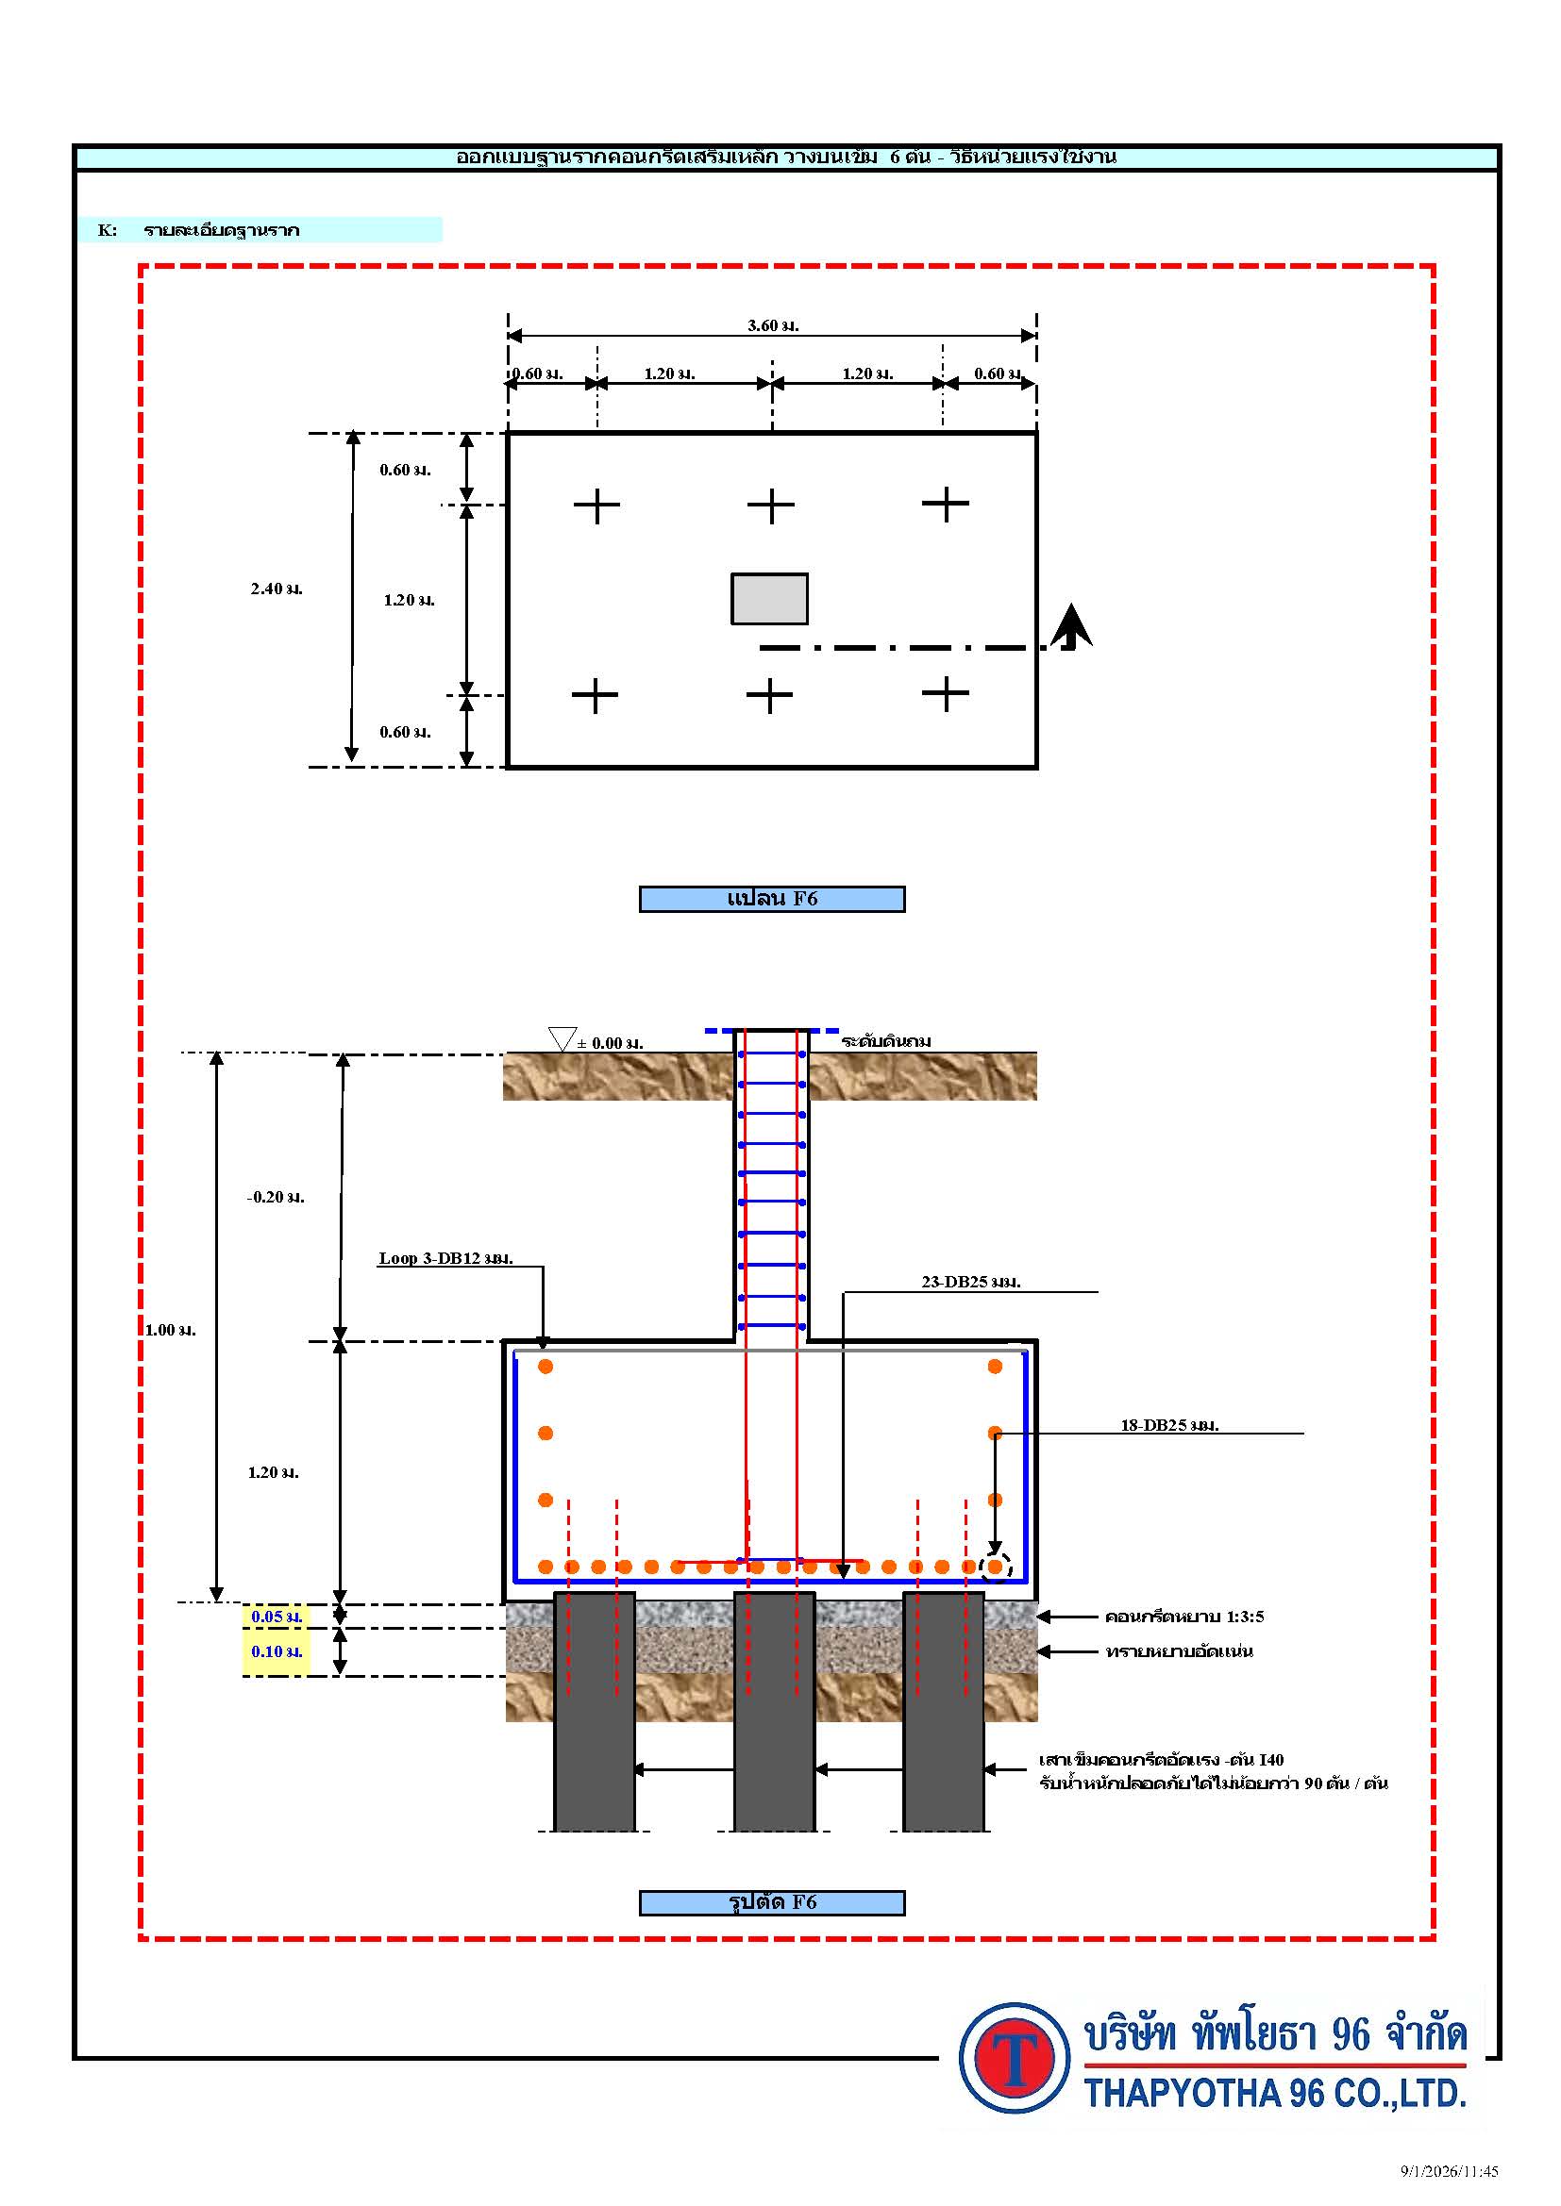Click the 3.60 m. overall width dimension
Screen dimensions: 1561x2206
point(773,325)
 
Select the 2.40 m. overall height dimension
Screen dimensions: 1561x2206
point(277,589)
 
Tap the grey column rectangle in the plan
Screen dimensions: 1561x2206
point(769,599)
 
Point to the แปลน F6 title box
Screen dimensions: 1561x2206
point(772,899)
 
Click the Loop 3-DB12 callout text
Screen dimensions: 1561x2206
point(446,1259)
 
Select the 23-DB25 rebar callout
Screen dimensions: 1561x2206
point(971,1282)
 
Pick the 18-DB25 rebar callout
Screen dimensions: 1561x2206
point(1169,1426)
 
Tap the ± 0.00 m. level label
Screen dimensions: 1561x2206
point(611,1043)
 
